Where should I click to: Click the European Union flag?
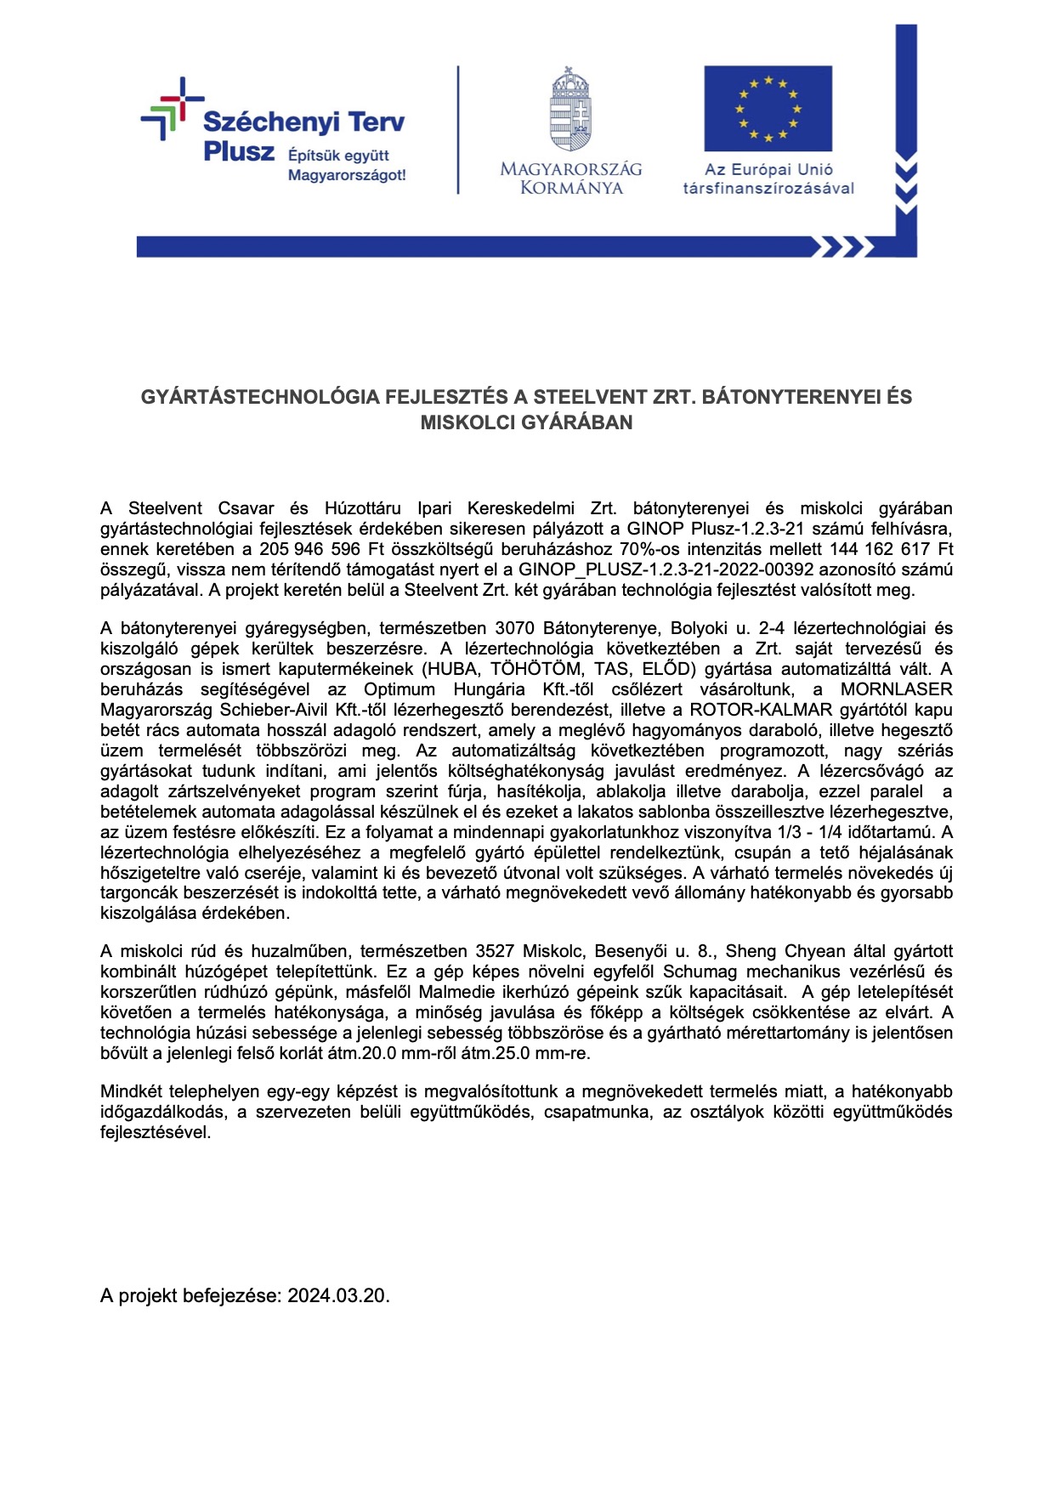[x=768, y=109]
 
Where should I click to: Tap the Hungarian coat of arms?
[x=570, y=110]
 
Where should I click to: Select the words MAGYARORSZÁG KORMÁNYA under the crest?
[x=570, y=178]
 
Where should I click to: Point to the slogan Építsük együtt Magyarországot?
[x=347, y=165]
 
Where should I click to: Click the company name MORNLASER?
[x=896, y=689]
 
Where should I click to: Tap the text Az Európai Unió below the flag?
[x=768, y=169]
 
